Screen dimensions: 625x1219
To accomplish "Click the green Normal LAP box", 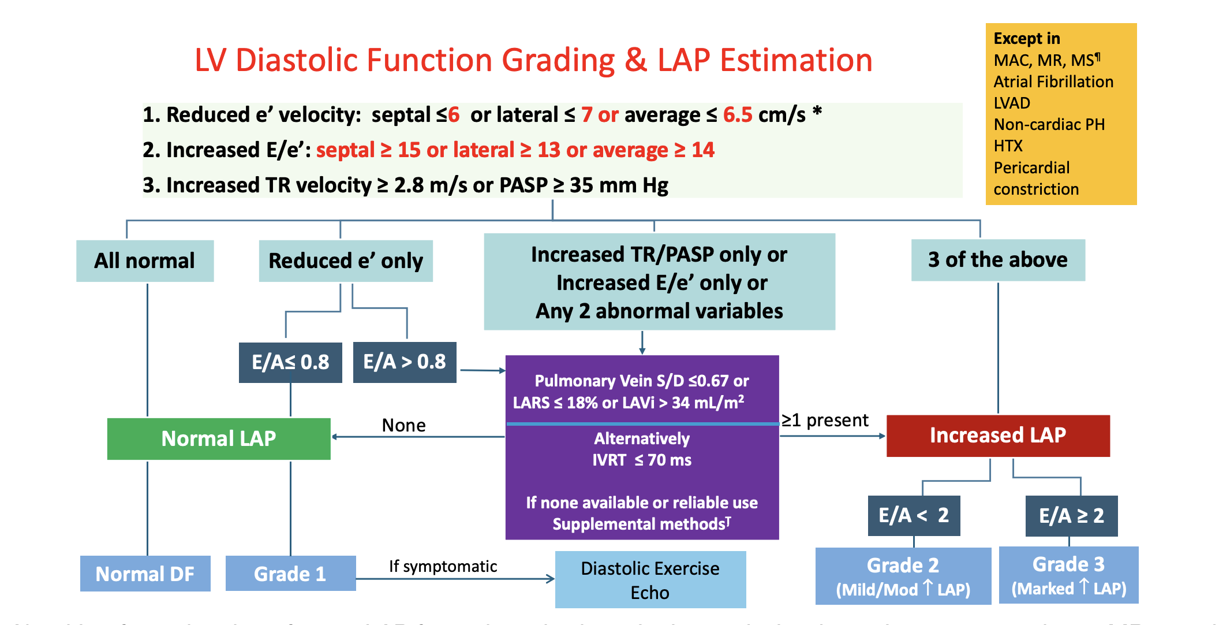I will (x=219, y=438).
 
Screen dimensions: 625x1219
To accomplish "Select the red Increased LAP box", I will (x=998, y=436).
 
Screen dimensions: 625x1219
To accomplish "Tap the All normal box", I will (x=145, y=261).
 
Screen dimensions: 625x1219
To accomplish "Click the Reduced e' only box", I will (x=346, y=261).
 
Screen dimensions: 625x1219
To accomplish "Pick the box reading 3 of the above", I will (x=998, y=260).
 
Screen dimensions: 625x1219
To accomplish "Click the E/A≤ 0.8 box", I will (x=290, y=362).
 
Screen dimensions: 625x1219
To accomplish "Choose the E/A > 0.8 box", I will (x=405, y=362).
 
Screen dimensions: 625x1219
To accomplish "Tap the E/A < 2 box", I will (x=914, y=515).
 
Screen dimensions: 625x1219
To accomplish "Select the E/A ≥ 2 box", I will (x=1071, y=515).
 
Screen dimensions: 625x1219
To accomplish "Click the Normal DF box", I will (x=145, y=574).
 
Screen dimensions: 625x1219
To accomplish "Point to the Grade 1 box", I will (x=290, y=574).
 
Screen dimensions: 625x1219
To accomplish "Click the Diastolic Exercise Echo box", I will (x=650, y=580).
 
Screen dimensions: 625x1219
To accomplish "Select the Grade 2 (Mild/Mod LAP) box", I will (x=903, y=576).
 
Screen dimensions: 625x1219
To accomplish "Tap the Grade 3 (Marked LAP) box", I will (x=1068, y=575).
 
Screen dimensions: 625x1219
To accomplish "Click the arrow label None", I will (x=403, y=426).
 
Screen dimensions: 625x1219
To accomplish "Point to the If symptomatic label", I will (x=443, y=567).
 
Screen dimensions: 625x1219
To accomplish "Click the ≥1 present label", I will (x=825, y=421).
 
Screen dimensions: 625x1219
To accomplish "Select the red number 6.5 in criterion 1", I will (x=738, y=115).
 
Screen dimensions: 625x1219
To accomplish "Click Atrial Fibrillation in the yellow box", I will (x=1053, y=82).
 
